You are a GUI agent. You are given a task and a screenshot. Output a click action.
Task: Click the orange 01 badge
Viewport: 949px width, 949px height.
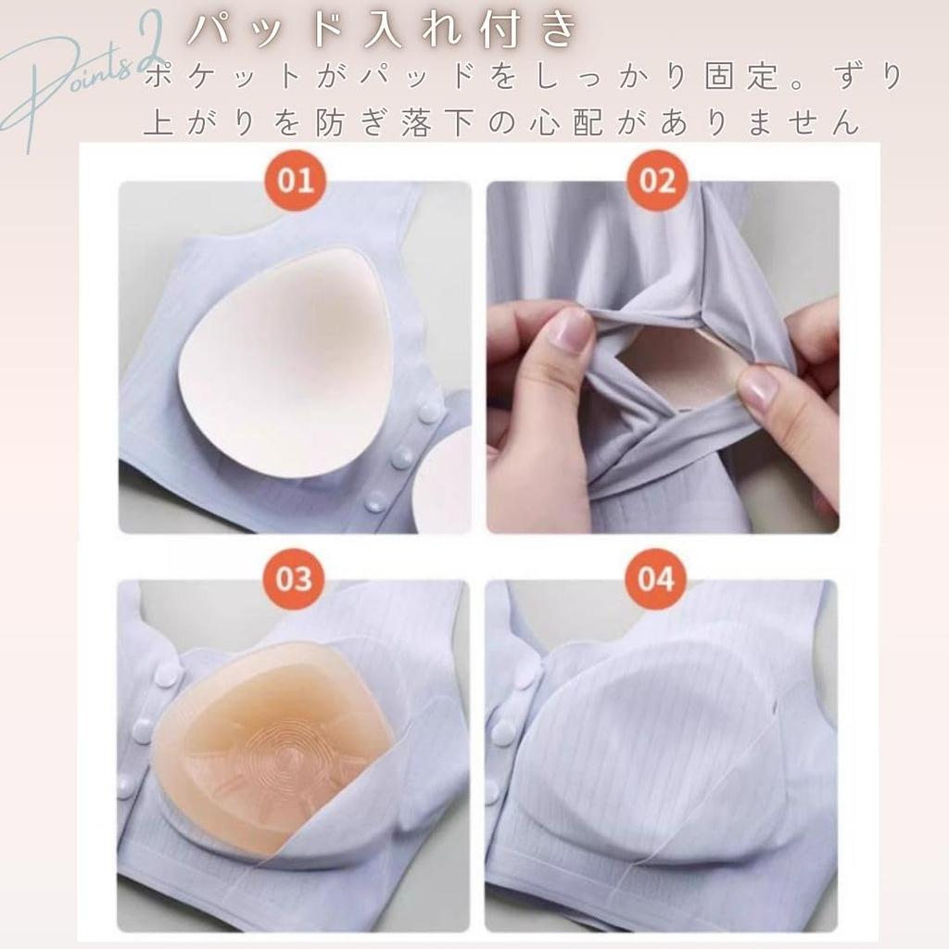[x=295, y=180]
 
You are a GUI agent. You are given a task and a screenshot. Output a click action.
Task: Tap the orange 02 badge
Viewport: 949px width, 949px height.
[x=657, y=180]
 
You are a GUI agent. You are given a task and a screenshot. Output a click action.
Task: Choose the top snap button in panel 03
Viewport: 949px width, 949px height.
[x=166, y=676]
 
